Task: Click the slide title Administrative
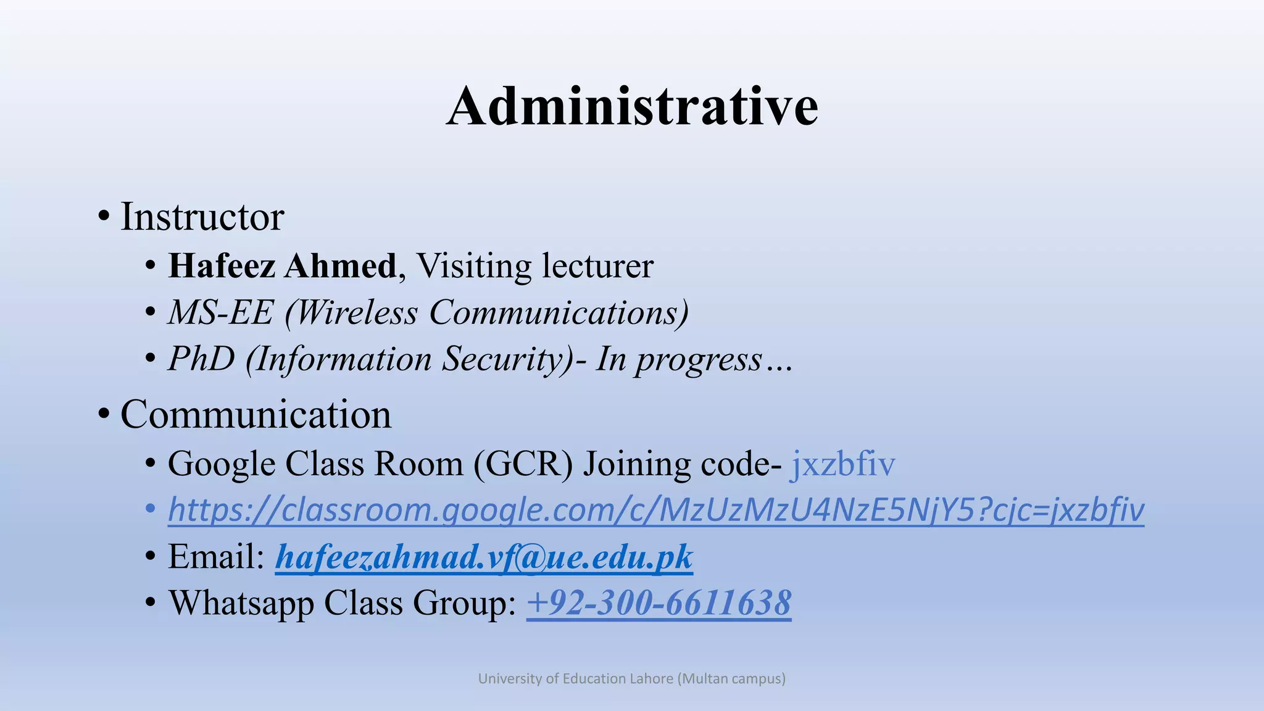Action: coord(632,106)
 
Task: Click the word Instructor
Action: coord(202,217)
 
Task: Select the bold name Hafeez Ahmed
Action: coord(282,266)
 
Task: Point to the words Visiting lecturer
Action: coord(534,266)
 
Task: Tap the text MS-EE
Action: coord(220,312)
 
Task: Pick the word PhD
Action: coord(202,359)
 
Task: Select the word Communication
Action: coord(256,414)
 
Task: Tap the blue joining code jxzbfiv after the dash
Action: coord(842,464)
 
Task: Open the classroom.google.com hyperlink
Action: coord(655,510)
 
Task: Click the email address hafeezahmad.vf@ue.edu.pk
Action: coord(484,557)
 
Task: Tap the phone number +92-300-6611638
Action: coord(659,603)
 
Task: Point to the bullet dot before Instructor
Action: coord(104,217)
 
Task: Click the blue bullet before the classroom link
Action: coord(151,510)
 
